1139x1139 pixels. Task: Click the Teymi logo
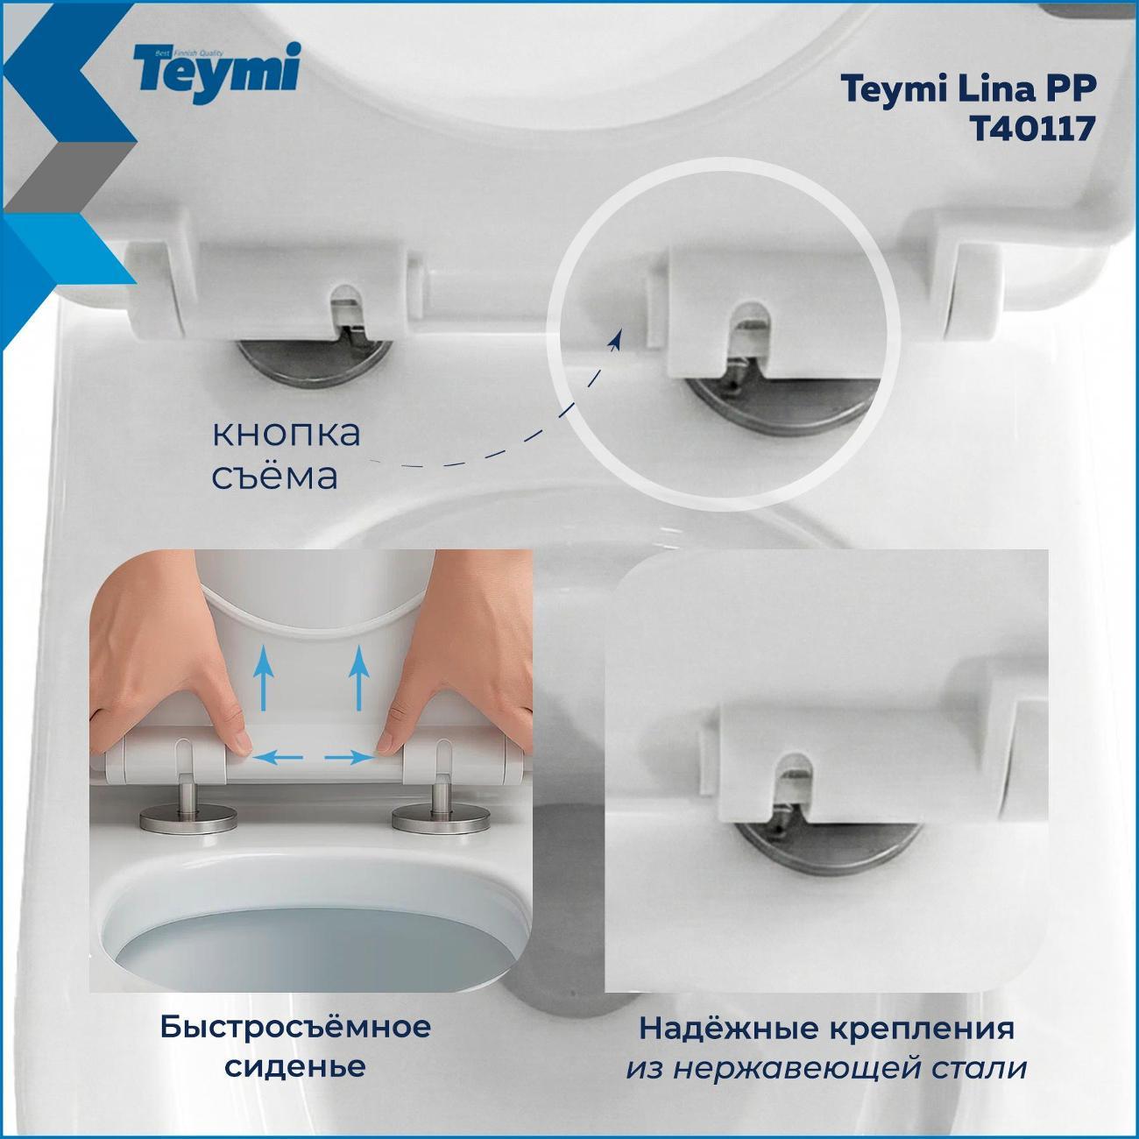pyautogui.click(x=216, y=73)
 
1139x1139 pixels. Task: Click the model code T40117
pyautogui.click(x=1030, y=128)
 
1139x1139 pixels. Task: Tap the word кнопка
pyautogui.click(x=287, y=433)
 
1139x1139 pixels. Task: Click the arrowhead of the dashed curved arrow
pyautogui.click(x=616, y=339)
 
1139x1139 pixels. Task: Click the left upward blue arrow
pyautogui.click(x=264, y=676)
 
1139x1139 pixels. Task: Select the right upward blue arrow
pyautogui.click(x=358, y=676)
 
